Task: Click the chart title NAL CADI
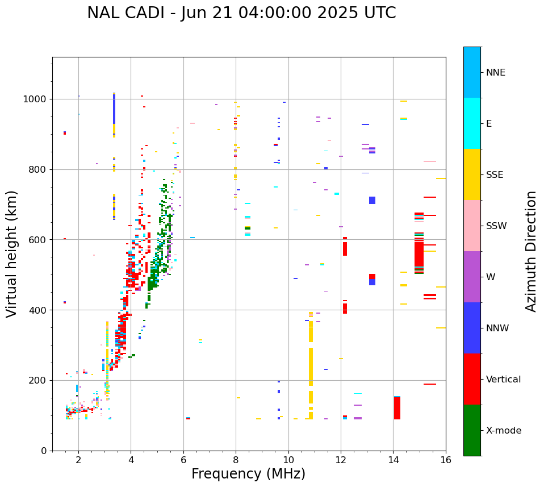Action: [241, 13]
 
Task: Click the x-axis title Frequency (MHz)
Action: [248, 474]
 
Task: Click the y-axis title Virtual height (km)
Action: [12, 253]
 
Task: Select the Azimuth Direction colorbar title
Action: [531, 251]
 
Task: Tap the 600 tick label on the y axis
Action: [41, 240]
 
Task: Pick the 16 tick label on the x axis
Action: [446, 460]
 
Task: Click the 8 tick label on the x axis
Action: [236, 460]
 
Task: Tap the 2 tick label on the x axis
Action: [78, 460]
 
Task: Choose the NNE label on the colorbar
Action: [495, 73]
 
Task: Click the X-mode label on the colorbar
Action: [503, 431]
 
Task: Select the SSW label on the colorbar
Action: [496, 226]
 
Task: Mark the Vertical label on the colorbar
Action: [503, 380]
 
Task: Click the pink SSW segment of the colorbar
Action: [472, 226]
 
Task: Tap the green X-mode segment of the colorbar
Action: [472, 430]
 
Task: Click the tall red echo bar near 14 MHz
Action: [397, 408]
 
